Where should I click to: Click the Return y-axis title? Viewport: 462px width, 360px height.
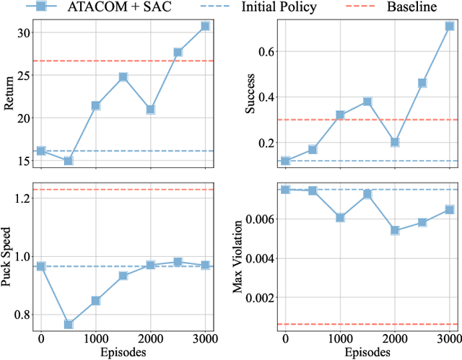pyautogui.click(x=9, y=95)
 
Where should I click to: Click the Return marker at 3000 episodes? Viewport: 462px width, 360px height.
pyautogui.click(x=206, y=26)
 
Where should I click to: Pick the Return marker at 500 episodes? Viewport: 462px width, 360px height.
pyautogui.click(x=69, y=161)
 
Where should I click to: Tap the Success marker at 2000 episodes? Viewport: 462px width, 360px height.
pyautogui.click(x=395, y=142)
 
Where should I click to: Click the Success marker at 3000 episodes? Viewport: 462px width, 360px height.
pyautogui.click(x=450, y=26)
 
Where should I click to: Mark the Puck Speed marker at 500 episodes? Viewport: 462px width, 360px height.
pyautogui.click(x=69, y=325)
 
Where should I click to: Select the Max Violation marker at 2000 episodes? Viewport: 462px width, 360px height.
pyautogui.click(x=395, y=231)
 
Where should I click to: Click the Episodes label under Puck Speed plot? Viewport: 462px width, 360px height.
pyautogui.click(x=123, y=353)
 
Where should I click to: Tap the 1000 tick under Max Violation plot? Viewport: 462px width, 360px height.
pyautogui.click(x=340, y=339)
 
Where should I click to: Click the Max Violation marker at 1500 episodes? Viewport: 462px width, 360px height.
pyautogui.click(x=367, y=194)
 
